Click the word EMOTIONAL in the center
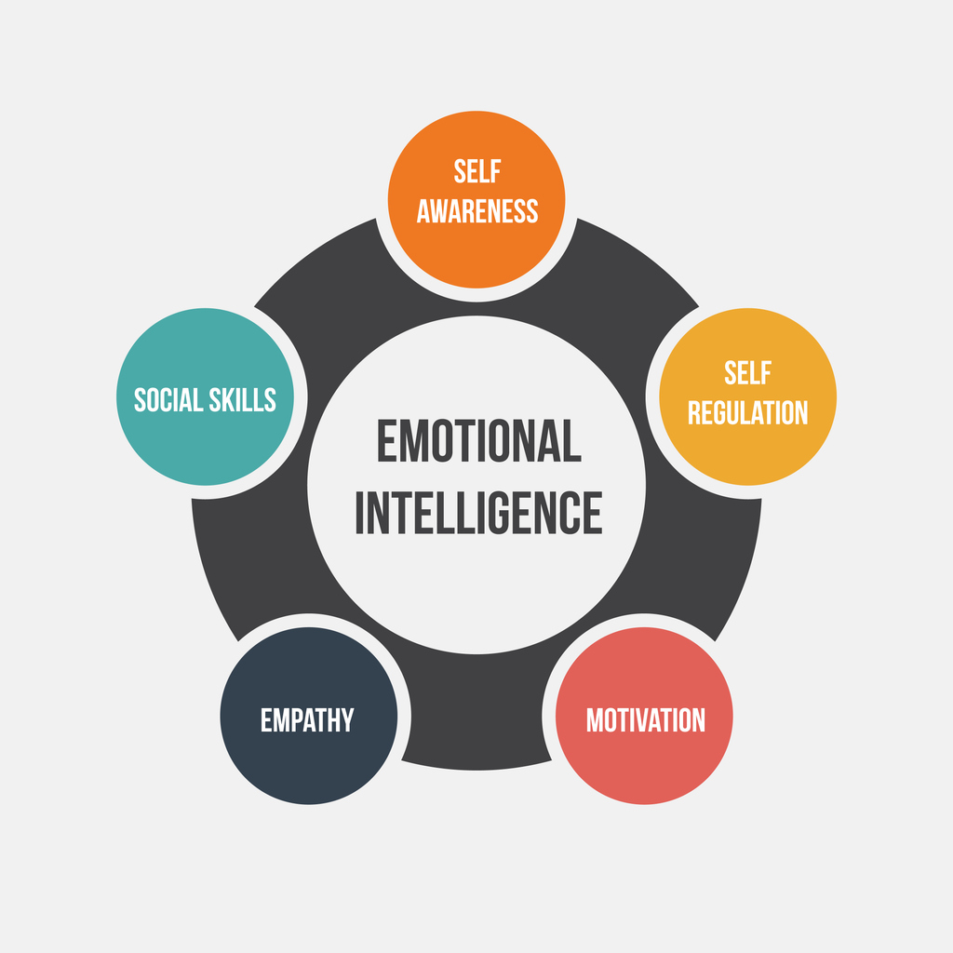478,441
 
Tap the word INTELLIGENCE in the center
478,512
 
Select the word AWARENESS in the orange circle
476,211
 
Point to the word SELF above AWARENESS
476,172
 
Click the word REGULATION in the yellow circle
747,412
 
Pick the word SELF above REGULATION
747,373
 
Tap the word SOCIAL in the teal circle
168,400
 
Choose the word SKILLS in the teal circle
243,400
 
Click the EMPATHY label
307,720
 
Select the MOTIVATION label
645,720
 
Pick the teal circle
205,447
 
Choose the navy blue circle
307,763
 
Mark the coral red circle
645,763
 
